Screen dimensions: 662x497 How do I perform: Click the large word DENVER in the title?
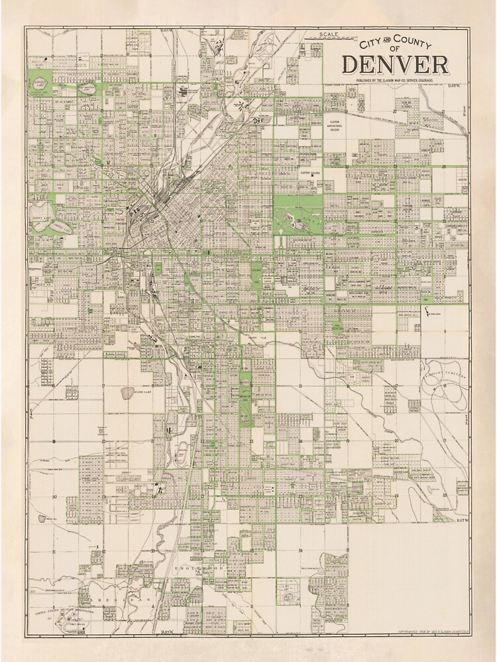point(395,65)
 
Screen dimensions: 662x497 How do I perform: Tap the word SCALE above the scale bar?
point(329,33)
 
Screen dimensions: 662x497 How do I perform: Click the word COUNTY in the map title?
point(410,44)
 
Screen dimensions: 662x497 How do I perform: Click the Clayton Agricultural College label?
point(335,126)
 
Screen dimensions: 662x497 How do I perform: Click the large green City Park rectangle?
point(298,215)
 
